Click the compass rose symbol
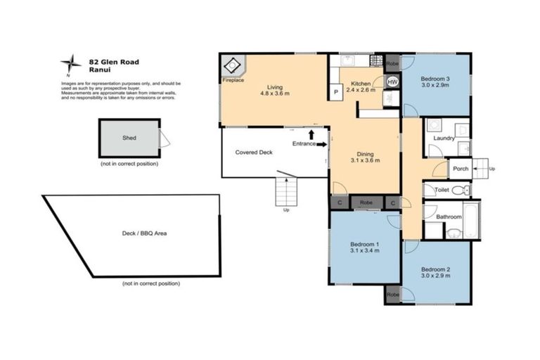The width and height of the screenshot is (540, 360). point(70,65)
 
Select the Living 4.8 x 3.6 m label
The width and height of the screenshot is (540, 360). point(274,90)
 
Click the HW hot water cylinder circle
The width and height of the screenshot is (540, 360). point(392,81)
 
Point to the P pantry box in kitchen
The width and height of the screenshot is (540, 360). point(336,91)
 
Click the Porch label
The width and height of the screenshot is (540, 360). point(461,169)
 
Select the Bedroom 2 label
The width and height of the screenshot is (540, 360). point(435,270)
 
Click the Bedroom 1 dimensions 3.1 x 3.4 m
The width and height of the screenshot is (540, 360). point(365,250)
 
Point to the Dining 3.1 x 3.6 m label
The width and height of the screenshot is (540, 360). point(365,157)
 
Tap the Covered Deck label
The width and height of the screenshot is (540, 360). point(254,151)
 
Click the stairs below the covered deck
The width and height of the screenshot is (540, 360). point(286,191)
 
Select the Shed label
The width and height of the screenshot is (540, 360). point(129,139)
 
